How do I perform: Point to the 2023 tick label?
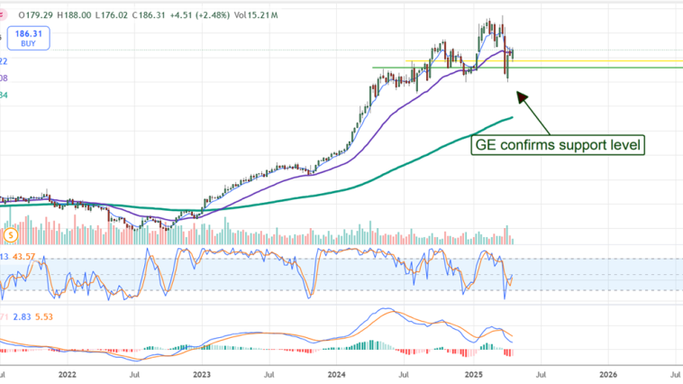(202, 371)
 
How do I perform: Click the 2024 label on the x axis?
(337, 371)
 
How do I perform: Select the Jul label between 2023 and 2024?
(269, 371)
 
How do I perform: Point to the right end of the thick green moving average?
(513, 117)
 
